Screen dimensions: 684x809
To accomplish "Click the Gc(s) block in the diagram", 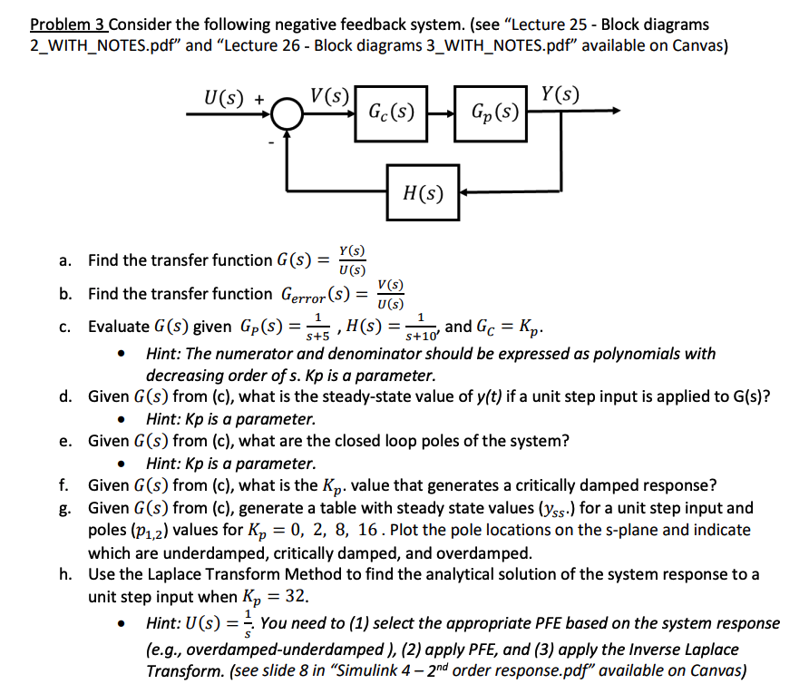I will click(x=391, y=112).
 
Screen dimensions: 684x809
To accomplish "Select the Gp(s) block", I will click(x=494, y=112).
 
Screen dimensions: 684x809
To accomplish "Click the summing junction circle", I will click(x=289, y=112).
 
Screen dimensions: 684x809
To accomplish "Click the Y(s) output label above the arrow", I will click(x=560, y=94).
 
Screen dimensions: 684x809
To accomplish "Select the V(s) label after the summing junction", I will click(x=329, y=94).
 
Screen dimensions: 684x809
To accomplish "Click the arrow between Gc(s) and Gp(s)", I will click(x=442, y=112).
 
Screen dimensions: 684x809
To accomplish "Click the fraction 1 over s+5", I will click(x=317, y=327).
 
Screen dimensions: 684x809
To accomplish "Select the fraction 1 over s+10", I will click(x=420, y=327).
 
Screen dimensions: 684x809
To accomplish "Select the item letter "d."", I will click(x=65, y=396).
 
